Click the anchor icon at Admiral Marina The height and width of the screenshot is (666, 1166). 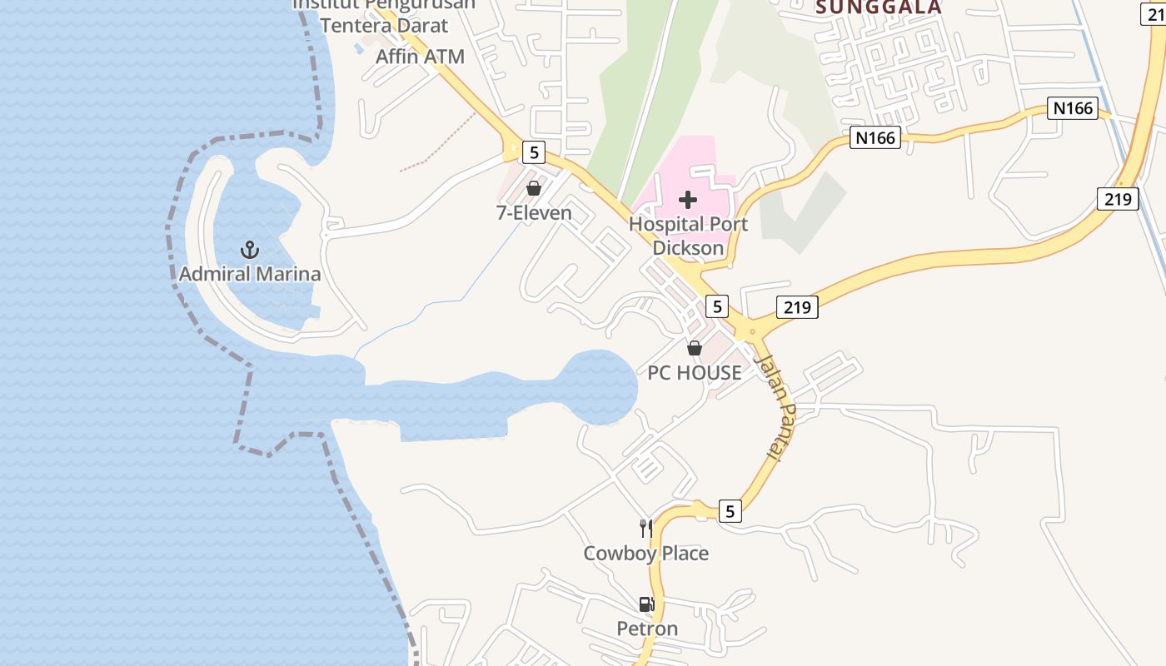[x=249, y=249]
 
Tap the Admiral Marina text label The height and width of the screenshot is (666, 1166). [x=250, y=273]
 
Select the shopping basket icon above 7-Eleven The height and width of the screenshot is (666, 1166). [x=534, y=188]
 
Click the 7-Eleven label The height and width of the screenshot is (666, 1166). [x=534, y=213]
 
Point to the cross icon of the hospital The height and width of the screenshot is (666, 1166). [x=688, y=200]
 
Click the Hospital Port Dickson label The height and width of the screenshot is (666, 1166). [x=688, y=236]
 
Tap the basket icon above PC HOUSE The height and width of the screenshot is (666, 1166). [x=695, y=348]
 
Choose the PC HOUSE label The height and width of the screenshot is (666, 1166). [x=695, y=373]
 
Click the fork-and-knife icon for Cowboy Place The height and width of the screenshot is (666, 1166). [x=645, y=528]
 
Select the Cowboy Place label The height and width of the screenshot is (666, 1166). [x=645, y=554]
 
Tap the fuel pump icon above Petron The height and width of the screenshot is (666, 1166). [x=646, y=604]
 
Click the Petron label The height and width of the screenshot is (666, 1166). [x=647, y=629]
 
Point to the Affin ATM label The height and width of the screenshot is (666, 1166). [x=420, y=57]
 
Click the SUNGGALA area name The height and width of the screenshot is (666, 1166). [x=879, y=8]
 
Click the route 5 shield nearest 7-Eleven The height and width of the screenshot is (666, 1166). [x=534, y=152]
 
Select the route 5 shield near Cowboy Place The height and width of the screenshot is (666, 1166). [x=730, y=510]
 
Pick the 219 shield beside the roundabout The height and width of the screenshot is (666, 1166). [x=797, y=307]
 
